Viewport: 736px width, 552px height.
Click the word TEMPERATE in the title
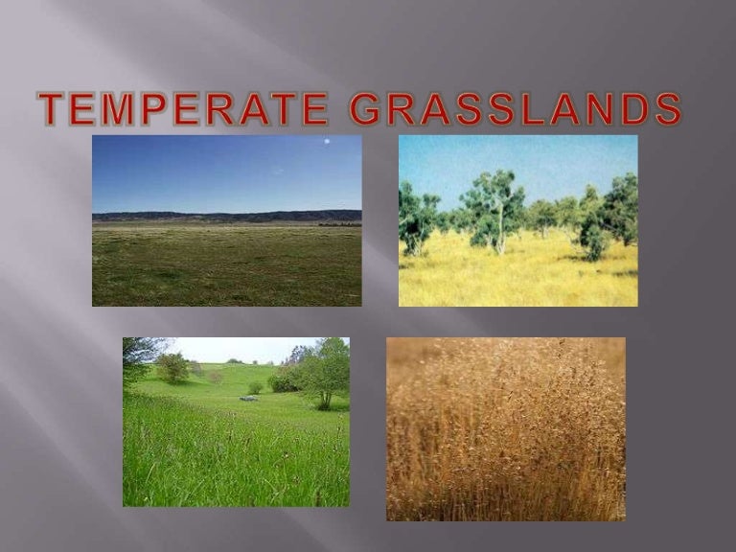click(x=182, y=110)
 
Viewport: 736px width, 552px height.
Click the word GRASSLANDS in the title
click(x=515, y=110)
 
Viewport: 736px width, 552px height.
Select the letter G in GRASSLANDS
click(x=366, y=110)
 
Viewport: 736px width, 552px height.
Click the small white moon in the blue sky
click(x=327, y=142)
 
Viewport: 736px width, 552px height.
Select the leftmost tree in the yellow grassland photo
click(x=418, y=218)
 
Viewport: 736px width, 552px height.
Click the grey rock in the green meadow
click(x=249, y=398)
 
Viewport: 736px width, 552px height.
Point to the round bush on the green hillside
click(x=173, y=366)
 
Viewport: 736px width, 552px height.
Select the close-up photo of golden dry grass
click(x=505, y=428)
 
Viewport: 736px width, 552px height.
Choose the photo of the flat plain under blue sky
click(x=226, y=220)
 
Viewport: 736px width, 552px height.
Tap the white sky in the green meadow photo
click(x=230, y=349)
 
